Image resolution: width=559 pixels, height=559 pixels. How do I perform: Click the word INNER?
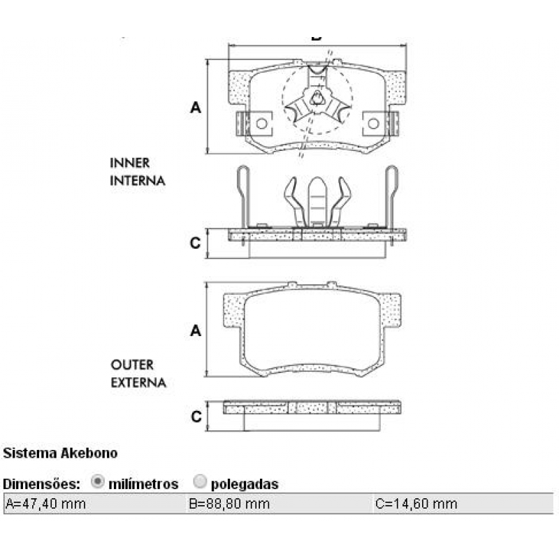pos(130,163)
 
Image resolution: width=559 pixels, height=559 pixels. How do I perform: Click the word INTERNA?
pos(138,180)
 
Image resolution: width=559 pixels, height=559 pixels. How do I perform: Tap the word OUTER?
pos(131,365)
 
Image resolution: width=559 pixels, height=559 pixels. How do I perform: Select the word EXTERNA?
pos(138,383)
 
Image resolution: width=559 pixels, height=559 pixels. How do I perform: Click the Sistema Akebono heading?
pos(61,453)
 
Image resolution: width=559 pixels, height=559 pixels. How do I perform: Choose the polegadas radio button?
pos(200,482)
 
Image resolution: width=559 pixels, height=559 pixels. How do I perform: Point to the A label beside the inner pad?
pos(196,108)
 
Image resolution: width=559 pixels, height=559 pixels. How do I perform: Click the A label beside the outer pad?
pos(196,331)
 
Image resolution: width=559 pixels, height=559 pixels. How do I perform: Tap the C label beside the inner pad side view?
pos(196,243)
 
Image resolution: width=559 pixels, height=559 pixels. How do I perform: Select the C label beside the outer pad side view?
pos(196,416)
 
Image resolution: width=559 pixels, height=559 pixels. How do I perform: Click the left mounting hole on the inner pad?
pos(261,124)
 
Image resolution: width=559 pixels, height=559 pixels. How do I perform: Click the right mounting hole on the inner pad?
pos(374,124)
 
